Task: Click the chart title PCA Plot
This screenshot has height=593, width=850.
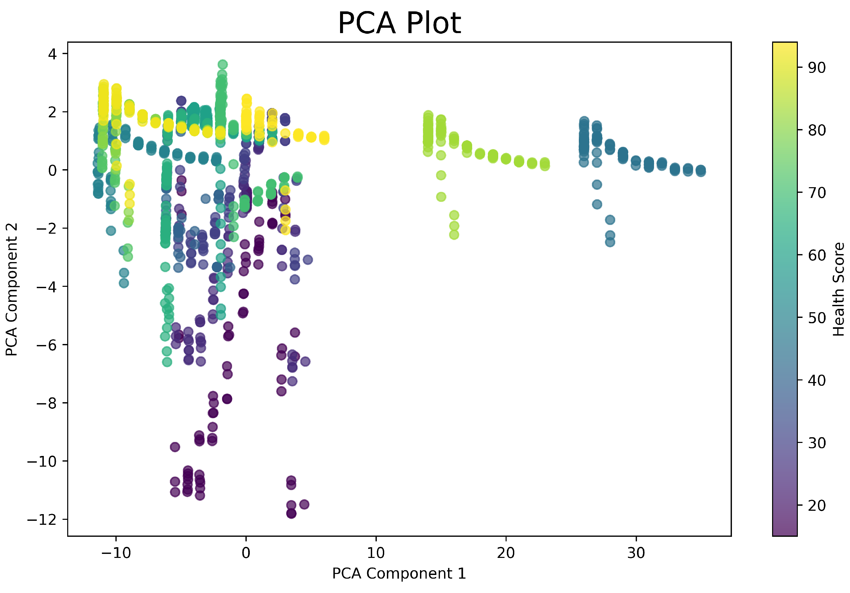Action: tap(399, 23)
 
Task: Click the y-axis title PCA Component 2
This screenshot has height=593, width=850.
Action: tap(12, 289)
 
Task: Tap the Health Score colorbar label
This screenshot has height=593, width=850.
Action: tap(839, 289)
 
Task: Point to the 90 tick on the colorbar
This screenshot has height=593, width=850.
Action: tap(817, 68)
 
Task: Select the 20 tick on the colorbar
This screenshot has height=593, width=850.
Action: tap(817, 505)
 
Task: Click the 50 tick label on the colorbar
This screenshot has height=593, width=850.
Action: tap(817, 318)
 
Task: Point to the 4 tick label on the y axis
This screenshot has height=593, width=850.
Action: tap(52, 54)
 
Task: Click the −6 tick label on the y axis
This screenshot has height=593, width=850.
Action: tap(47, 345)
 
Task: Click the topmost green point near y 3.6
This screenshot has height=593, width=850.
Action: tap(222, 65)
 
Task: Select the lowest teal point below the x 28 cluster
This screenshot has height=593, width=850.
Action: tap(610, 242)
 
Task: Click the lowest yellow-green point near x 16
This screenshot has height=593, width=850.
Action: tap(454, 234)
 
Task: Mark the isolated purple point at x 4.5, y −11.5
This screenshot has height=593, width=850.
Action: tap(304, 504)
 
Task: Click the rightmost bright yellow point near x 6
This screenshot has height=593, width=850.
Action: tap(324, 138)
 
